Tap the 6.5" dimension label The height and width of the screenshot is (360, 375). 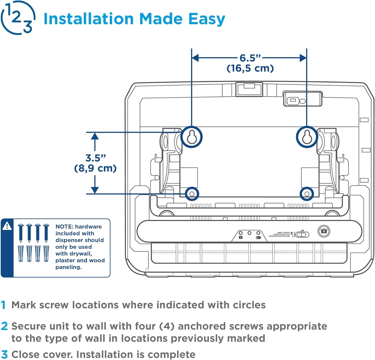[250, 58]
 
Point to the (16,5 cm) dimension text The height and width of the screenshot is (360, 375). [250, 68]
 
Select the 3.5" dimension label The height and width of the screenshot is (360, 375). [95, 158]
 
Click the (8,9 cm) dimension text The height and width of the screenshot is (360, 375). [95, 168]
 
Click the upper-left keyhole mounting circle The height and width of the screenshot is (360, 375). [191, 137]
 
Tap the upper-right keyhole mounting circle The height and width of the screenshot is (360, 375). [307, 137]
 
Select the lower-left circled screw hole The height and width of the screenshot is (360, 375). [192, 194]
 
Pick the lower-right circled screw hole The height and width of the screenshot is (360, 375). [307, 194]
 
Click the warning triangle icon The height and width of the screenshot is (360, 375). [7, 226]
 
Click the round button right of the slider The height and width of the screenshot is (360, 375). [324, 231]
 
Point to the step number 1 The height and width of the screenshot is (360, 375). [3, 305]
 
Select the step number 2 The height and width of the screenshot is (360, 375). [4, 326]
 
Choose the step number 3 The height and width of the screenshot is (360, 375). [4, 355]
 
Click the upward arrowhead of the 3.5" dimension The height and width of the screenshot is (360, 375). [95, 136]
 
